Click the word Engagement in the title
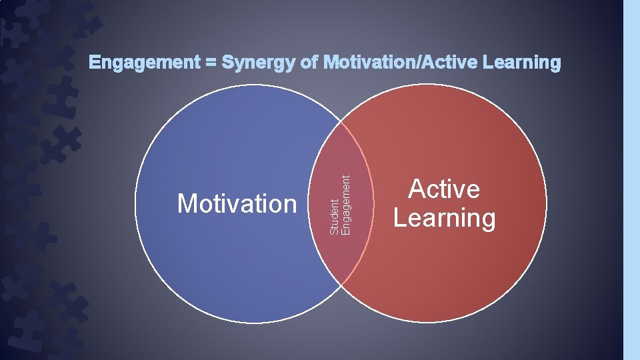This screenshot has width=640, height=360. point(144,63)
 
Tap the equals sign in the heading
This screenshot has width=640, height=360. point(210,63)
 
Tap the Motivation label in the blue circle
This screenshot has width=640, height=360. point(237,203)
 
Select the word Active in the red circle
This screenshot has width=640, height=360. point(444,189)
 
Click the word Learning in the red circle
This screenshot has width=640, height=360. point(444,218)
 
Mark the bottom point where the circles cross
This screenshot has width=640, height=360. point(341,284)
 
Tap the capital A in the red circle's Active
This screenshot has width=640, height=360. point(417,189)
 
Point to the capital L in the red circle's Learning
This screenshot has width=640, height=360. point(399,217)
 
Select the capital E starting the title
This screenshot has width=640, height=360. point(95,63)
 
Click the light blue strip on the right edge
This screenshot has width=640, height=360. point(631,180)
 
